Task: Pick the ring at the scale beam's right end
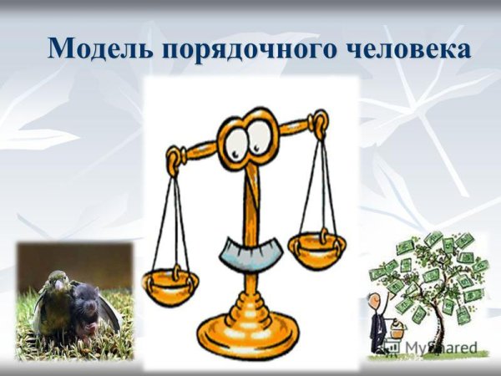pos(317,126)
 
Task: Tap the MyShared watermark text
pos(441,346)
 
